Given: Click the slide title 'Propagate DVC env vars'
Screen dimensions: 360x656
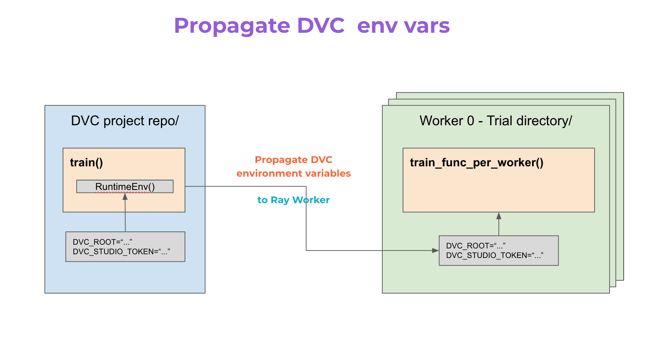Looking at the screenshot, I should tap(311, 26).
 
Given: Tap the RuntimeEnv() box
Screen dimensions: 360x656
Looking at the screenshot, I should tap(125, 187).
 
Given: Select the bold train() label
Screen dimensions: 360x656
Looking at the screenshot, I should tap(86, 163).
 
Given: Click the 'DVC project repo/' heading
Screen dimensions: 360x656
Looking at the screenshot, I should tap(125, 121).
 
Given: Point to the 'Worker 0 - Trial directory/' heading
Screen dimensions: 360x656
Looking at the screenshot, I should tap(496, 121).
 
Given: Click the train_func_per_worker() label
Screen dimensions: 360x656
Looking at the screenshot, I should tap(476, 163).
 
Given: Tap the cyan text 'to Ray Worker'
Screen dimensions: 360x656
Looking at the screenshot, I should tap(293, 200).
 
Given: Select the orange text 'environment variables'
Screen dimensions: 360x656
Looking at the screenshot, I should tap(294, 173).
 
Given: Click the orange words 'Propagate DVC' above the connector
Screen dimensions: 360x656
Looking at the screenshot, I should tap(294, 160).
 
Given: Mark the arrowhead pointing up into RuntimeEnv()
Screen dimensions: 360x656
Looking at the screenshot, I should tap(125, 197).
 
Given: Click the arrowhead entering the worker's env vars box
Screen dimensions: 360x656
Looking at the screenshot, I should tap(435, 251).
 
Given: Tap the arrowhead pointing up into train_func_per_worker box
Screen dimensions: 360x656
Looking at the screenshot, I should tap(499, 216).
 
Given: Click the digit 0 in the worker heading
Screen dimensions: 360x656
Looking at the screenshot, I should tap(470, 121).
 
